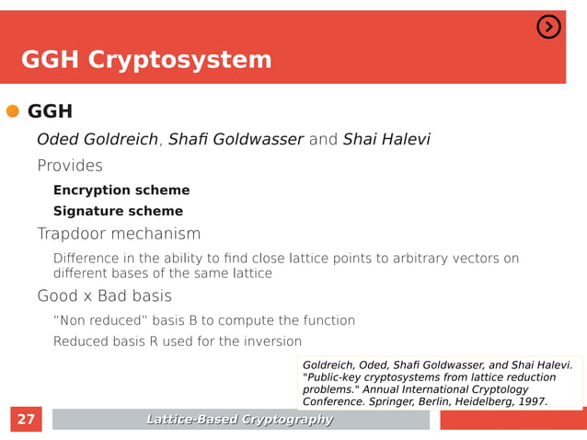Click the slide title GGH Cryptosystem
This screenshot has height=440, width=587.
[146, 60]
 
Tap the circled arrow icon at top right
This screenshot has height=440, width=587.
[548, 28]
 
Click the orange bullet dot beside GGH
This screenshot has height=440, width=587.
[13, 111]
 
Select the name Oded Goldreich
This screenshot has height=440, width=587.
[97, 140]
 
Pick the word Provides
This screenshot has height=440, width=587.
[70, 167]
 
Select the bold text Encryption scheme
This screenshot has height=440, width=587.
[121, 191]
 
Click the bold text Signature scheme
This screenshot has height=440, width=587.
[118, 212]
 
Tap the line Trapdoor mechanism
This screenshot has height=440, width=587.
[119, 234]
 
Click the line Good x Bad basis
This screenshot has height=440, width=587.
[104, 296]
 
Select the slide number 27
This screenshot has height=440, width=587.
[27, 420]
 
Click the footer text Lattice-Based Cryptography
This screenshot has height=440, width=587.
[240, 420]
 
